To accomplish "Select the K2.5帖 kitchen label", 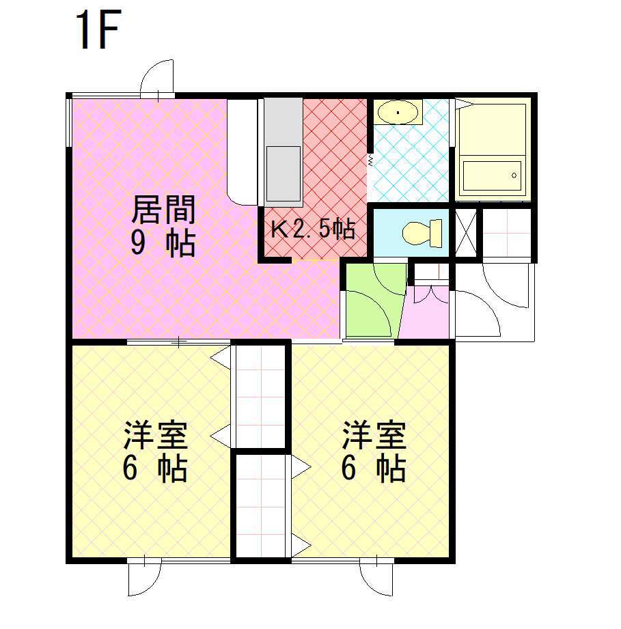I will click(x=313, y=229).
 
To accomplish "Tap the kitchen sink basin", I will click(x=281, y=171).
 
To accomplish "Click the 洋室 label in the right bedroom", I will click(x=374, y=435).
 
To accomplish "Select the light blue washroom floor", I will click(x=410, y=164).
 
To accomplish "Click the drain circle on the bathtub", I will click(x=514, y=176).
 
